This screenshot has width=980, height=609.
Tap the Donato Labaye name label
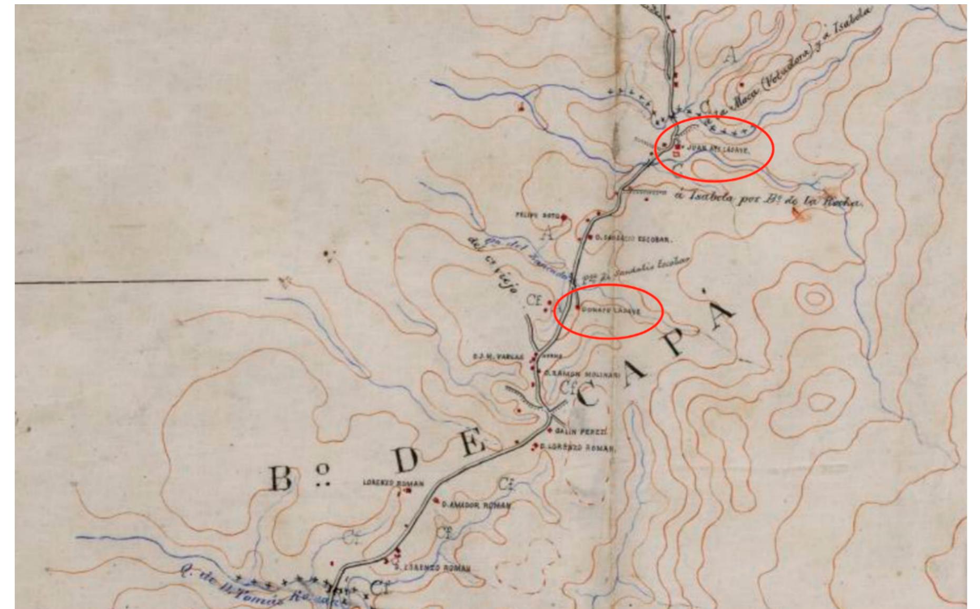pos(611,311)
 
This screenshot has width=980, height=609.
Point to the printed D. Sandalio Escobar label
pos(632,239)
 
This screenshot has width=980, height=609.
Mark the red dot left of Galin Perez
pos(550,430)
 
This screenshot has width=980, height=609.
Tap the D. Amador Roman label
pos(476,505)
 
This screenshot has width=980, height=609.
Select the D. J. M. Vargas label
pos(498,357)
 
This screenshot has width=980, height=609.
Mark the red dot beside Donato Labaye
pos(578,308)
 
